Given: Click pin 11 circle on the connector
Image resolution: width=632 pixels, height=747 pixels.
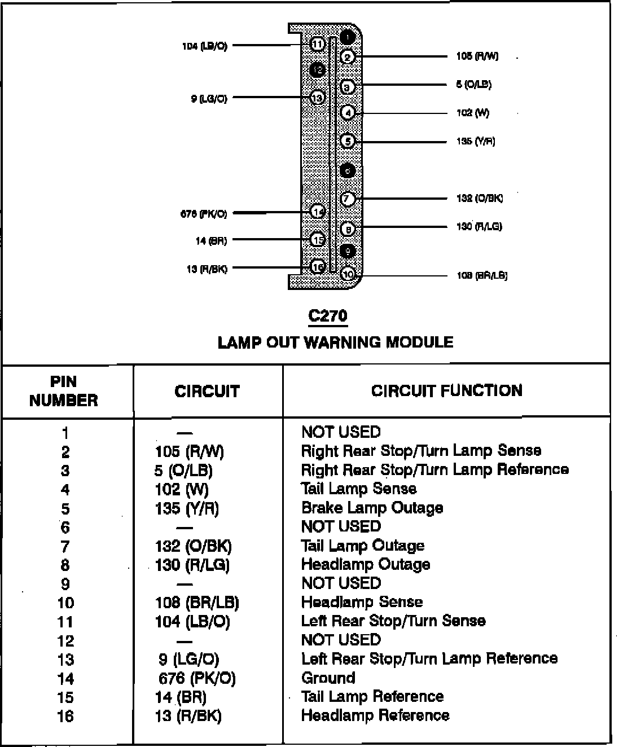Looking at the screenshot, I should pos(317,44).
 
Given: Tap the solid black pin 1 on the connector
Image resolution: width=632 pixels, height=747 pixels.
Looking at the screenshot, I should pos(349,37).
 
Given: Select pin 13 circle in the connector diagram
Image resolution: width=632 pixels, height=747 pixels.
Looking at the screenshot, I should pos(317,98).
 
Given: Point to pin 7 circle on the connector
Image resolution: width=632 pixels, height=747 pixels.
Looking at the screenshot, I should pos(348,199).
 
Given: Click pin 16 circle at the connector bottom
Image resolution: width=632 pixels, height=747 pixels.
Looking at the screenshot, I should pos(318,267).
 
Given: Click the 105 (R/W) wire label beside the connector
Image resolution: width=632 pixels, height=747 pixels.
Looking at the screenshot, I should pos(477,56).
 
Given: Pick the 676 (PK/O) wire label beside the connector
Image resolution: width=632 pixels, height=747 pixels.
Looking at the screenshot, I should pos(204,213).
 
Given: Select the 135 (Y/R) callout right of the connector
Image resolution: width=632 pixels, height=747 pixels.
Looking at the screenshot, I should pos(476,141).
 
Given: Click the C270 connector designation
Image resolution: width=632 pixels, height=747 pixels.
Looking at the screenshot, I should pos(328,315).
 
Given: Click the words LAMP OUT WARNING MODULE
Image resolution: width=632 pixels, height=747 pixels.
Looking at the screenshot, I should pos(335,342).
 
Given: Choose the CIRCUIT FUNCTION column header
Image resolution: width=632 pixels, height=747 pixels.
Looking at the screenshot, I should pos(446,391).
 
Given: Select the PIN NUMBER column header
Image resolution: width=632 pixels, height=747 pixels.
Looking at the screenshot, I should pos(64,391).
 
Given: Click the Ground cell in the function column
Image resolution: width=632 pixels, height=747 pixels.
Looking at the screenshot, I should pos(328,678).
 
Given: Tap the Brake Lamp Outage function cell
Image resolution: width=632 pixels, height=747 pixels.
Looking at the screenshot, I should pos(372,508).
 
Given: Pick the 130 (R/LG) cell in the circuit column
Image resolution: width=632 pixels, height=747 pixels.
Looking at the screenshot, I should pos(192,565).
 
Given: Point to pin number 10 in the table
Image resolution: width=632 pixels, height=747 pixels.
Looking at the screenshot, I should pos(65,603).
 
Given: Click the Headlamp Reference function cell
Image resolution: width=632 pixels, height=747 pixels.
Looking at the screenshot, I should pos(375,715).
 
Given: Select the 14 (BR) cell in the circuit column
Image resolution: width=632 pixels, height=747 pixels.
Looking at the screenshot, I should pos(181,697).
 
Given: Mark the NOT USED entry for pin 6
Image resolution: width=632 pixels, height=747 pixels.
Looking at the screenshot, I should pos(341,526).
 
